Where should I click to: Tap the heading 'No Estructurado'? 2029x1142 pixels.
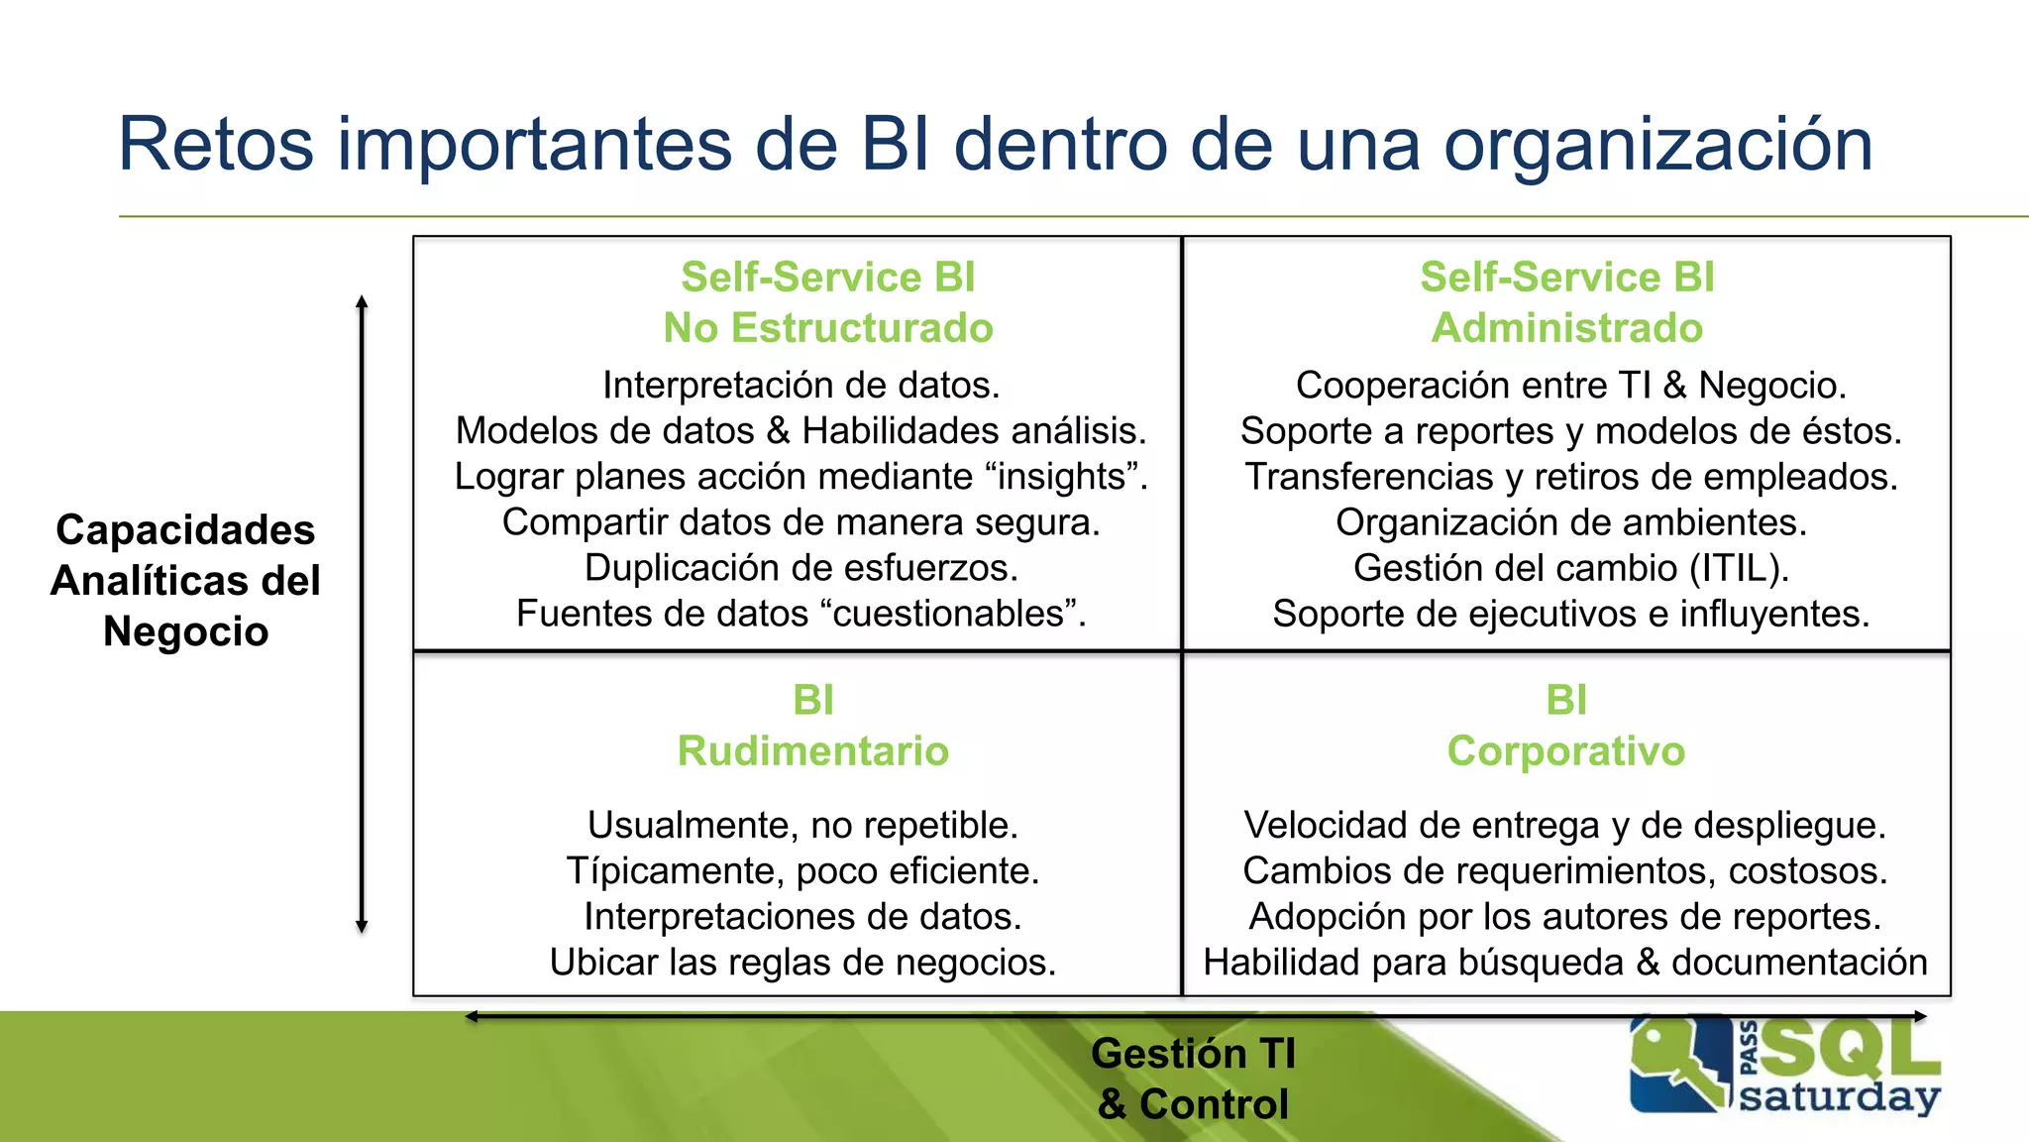point(828,328)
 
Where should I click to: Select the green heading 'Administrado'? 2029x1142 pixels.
point(1566,328)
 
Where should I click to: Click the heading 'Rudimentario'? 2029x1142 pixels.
point(813,751)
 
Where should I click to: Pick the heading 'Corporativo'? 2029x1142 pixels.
point(1565,751)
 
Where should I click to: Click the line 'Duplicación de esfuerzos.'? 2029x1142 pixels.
point(801,568)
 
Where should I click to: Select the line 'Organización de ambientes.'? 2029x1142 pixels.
point(1571,522)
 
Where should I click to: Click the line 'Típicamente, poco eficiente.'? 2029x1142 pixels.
point(802,871)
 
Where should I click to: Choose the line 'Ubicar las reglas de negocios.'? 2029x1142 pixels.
point(802,963)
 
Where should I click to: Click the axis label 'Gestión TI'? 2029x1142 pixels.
point(1193,1054)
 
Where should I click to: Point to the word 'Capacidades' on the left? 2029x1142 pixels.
point(185,530)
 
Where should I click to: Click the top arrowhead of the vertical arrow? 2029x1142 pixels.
point(362,301)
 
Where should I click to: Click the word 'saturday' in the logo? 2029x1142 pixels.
point(1840,1097)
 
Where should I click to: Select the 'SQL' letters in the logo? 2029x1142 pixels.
point(1850,1048)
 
